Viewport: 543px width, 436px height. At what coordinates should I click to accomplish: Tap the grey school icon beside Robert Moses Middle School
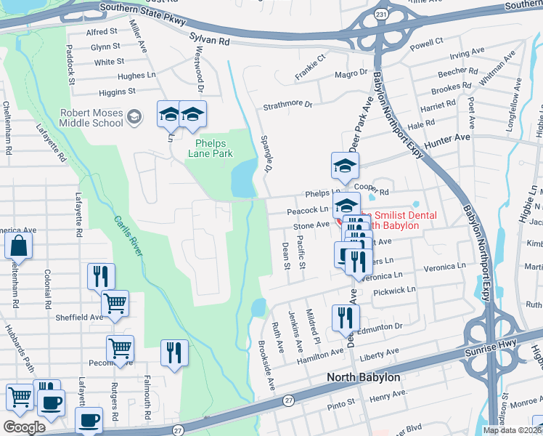[134, 116]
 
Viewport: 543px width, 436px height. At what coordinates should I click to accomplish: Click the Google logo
[24, 427]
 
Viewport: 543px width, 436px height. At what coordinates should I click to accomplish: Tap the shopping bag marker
[18, 246]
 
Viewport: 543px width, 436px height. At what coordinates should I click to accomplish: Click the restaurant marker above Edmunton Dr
[345, 317]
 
